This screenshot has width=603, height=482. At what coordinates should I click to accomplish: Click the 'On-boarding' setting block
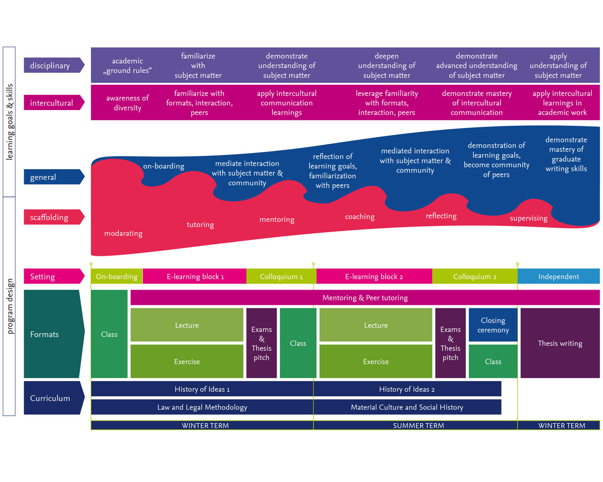[x=117, y=277]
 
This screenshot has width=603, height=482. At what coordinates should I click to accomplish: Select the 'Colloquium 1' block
[x=281, y=277]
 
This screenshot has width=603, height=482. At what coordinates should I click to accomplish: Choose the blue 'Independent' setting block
[x=558, y=277]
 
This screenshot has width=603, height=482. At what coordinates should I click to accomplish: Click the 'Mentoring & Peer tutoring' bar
[x=365, y=298]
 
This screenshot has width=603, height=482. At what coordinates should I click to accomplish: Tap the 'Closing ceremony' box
[x=493, y=325]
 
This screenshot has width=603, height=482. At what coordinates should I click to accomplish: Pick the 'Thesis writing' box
[x=560, y=343]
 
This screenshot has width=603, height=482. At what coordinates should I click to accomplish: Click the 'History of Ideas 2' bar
[x=407, y=389]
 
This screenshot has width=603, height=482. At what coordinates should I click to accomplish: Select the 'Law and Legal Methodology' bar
[x=202, y=407]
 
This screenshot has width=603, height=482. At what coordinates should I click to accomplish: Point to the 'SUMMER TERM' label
[x=418, y=425]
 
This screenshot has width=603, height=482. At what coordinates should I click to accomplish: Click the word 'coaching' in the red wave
[x=359, y=217]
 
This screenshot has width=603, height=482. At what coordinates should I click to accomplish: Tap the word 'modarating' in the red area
[x=123, y=233]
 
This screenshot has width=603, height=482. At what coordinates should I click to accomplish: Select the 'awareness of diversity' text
[x=127, y=103]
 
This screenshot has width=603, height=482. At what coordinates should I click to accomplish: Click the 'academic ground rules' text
[x=127, y=65]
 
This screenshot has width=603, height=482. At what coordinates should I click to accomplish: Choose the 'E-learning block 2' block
[x=374, y=277]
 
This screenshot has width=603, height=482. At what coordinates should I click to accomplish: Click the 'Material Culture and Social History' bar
[x=407, y=407]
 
